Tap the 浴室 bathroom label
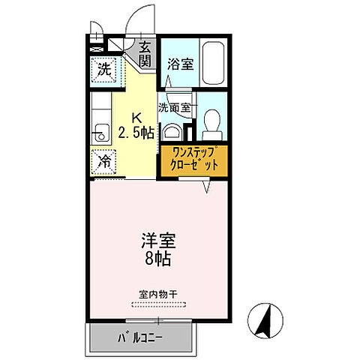180,64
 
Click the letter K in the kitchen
136,117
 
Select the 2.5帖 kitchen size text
137,134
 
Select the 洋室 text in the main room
156,243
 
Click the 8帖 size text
156,262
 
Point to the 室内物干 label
157,294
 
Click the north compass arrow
265,320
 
